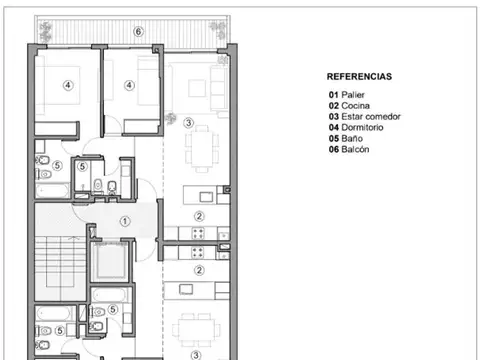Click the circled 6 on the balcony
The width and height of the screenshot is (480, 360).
[138, 32]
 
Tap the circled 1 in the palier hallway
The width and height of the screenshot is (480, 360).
[125, 221]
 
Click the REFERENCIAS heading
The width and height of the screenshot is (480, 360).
[359, 77]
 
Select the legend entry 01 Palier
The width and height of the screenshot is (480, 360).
[347, 95]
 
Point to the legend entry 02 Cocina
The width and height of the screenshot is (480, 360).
[349, 106]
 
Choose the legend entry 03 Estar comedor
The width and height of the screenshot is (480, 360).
[364, 117]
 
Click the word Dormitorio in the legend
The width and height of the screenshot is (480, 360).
[362, 127]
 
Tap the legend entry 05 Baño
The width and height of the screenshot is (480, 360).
[346, 138]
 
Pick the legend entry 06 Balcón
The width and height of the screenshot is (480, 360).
[349, 149]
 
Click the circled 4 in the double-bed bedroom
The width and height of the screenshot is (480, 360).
[68, 85]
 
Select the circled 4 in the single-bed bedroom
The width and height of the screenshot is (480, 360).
[129, 85]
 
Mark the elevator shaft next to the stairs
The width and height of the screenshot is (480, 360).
[110, 261]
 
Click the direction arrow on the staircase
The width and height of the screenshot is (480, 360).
[74, 238]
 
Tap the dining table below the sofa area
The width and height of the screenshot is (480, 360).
[202, 148]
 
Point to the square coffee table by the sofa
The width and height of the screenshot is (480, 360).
[197, 88]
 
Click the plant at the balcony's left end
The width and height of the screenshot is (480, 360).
[45, 31]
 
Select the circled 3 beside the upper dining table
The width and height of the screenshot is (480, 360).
[188, 123]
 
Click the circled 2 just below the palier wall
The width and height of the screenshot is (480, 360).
[199, 270]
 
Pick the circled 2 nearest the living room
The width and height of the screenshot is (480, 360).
[199, 216]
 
